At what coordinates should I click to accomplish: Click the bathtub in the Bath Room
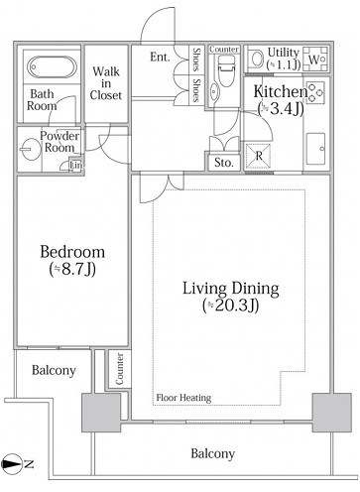tap(52, 67)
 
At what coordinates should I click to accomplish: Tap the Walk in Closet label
tap(106, 83)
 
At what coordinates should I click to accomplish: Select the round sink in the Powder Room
tap(31, 149)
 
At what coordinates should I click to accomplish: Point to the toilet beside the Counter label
tap(226, 70)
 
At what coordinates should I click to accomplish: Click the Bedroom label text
tap(72, 261)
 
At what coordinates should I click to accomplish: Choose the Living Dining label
tap(231, 297)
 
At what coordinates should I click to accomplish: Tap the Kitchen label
tap(281, 100)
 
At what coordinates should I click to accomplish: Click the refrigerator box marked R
tap(259, 156)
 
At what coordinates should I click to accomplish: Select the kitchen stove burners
tap(315, 92)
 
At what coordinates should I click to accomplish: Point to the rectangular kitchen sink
tap(315, 149)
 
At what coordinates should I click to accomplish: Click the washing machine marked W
tap(314, 59)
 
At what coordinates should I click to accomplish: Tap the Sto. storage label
tap(224, 163)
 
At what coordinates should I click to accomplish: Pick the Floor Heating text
tap(183, 398)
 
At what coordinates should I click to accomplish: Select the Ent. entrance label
tap(160, 57)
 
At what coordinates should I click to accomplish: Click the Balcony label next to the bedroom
tap(54, 370)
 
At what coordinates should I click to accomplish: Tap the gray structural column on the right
tap(331, 413)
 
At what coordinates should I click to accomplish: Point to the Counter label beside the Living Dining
tap(120, 369)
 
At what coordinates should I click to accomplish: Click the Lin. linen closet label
tap(75, 165)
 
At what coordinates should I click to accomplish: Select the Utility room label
tap(284, 59)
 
